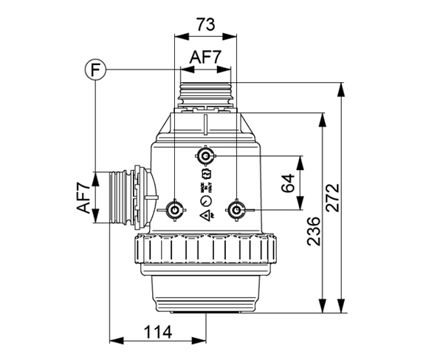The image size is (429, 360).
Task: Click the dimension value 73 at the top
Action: pos(206,24)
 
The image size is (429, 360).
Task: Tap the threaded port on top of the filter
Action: pos(206,92)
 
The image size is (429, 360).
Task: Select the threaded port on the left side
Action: pos(123,196)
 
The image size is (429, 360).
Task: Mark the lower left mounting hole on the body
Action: pos(174,210)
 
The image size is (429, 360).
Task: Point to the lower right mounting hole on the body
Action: pos(236,210)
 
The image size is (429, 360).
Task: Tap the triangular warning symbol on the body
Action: pos(204,214)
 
